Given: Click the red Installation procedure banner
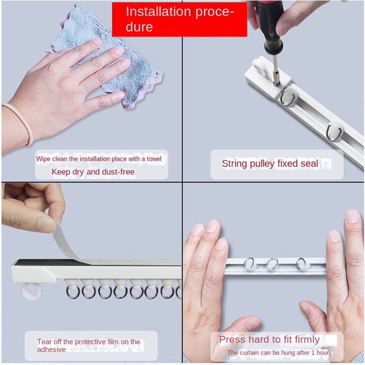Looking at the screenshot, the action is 180,19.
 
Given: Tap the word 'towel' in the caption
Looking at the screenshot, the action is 154,159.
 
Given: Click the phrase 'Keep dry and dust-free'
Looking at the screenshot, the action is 93,172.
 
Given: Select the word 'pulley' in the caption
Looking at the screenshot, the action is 262,164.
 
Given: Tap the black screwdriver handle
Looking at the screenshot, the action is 270,26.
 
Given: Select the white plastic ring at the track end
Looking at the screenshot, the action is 31,291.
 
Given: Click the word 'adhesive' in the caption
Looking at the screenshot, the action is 51,350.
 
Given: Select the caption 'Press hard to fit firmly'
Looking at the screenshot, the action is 269,339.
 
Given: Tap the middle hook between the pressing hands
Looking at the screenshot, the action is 272,264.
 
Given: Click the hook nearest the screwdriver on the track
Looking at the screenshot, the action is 289,96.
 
